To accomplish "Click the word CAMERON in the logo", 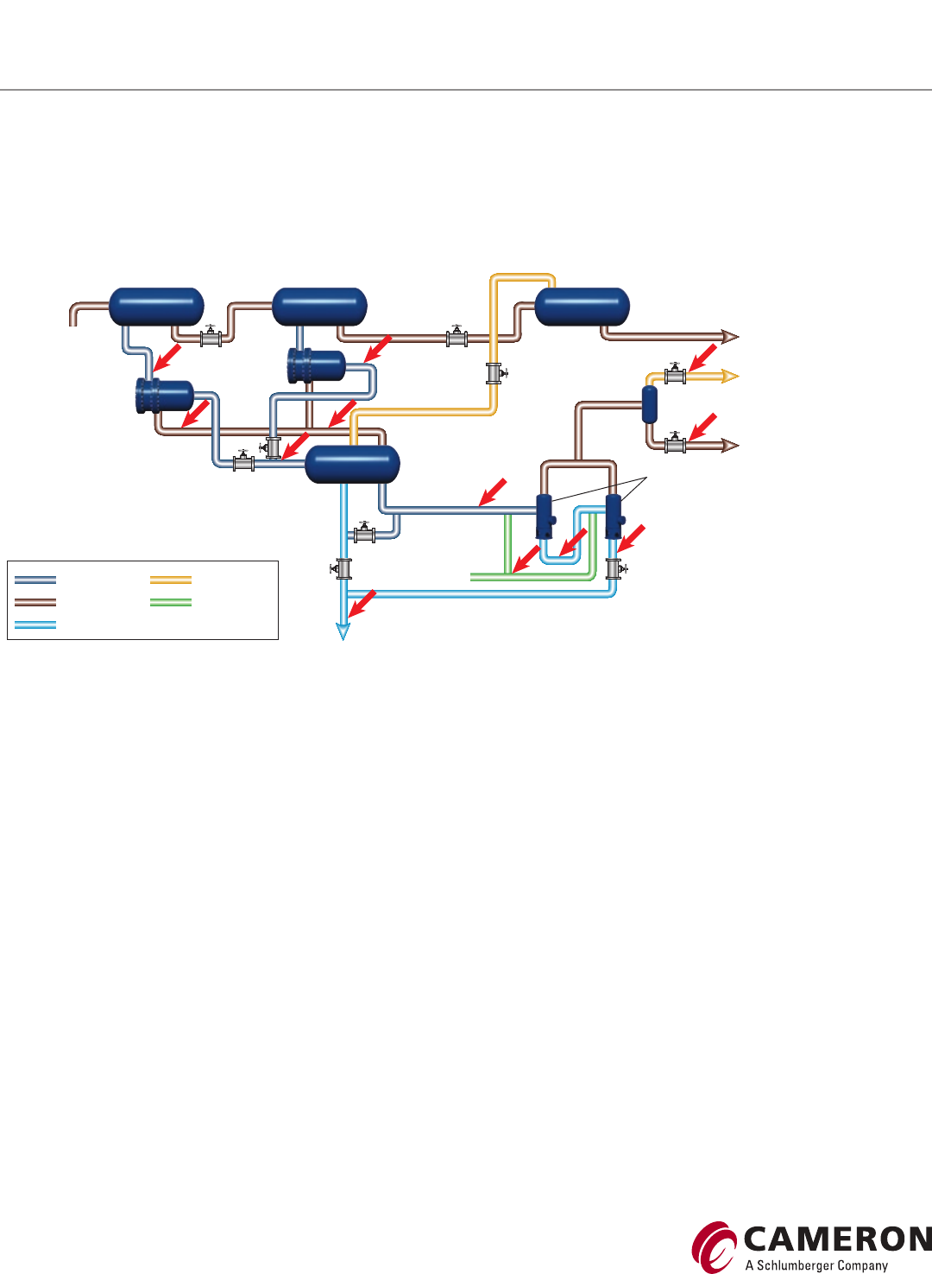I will [836, 1239].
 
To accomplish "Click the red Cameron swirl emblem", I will [714, 1246].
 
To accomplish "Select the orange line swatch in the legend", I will [171, 580].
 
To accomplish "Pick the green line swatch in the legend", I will [171, 602].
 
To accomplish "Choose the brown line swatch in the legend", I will [35, 602].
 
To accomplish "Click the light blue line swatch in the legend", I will [35, 624].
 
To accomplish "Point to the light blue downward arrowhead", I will [343, 631].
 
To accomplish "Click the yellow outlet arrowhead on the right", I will [730, 376].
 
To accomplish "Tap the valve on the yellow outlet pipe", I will [675, 375].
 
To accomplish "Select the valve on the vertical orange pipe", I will [494, 373].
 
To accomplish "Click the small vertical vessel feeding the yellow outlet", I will [650, 404].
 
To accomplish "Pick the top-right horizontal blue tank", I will [582, 307].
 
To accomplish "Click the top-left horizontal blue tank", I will [156, 307].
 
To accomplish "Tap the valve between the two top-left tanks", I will [211, 338].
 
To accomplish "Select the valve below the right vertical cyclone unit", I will [614, 568].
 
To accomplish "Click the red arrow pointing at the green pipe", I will [526, 560].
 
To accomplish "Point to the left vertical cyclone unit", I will [545, 516].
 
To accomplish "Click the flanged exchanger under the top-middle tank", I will [317, 365].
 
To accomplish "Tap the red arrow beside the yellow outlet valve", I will [703, 357].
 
